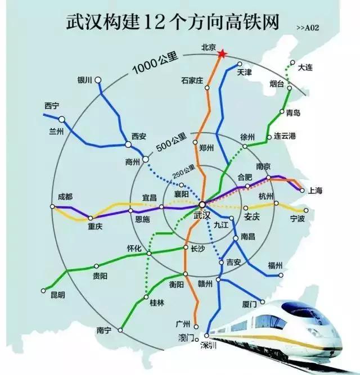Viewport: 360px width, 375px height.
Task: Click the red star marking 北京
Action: (x=222, y=53)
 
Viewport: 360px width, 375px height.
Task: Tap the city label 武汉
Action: (x=201, y=215)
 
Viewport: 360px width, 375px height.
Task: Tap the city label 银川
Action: (x=84, y=80)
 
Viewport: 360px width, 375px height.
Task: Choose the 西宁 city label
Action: (x=52, y=106)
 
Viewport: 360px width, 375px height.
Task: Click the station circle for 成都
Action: (x=53, y=207)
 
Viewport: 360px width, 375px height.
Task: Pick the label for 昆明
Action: (x=57, y=295)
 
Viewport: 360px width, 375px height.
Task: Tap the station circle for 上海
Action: (x=301, y=190)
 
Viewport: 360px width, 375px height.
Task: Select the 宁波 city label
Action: (x=297, y=218)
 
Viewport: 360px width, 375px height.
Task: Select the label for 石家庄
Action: (x=192, y=80)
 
